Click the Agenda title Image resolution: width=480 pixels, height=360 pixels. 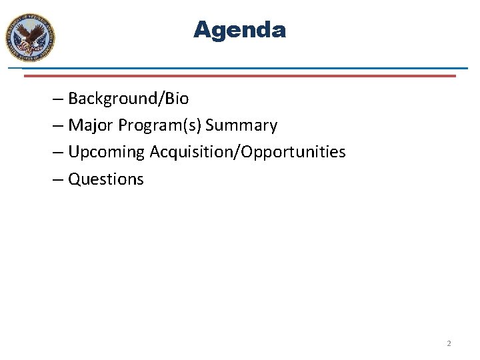[x=239, y=30]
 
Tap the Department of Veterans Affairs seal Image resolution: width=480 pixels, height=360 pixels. [x=30, y=38]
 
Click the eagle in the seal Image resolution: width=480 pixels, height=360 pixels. [x=30, y=37]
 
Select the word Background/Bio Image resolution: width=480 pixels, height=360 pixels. [x=128, y=99]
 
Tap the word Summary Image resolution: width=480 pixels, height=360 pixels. [x=241, y=125]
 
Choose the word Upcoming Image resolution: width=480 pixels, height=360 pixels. [x=106, y=152]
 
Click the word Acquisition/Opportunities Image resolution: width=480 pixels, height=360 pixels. [x=247, y=152]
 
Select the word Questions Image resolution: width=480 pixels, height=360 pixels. [x=106, y=179]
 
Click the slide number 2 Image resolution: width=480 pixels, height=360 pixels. [x=449, y=343]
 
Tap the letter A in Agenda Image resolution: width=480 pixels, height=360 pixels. [x=201, y=30]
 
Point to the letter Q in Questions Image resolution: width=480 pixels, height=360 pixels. [x=74, y=179]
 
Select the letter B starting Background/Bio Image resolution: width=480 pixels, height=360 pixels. [x=73, y=99]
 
